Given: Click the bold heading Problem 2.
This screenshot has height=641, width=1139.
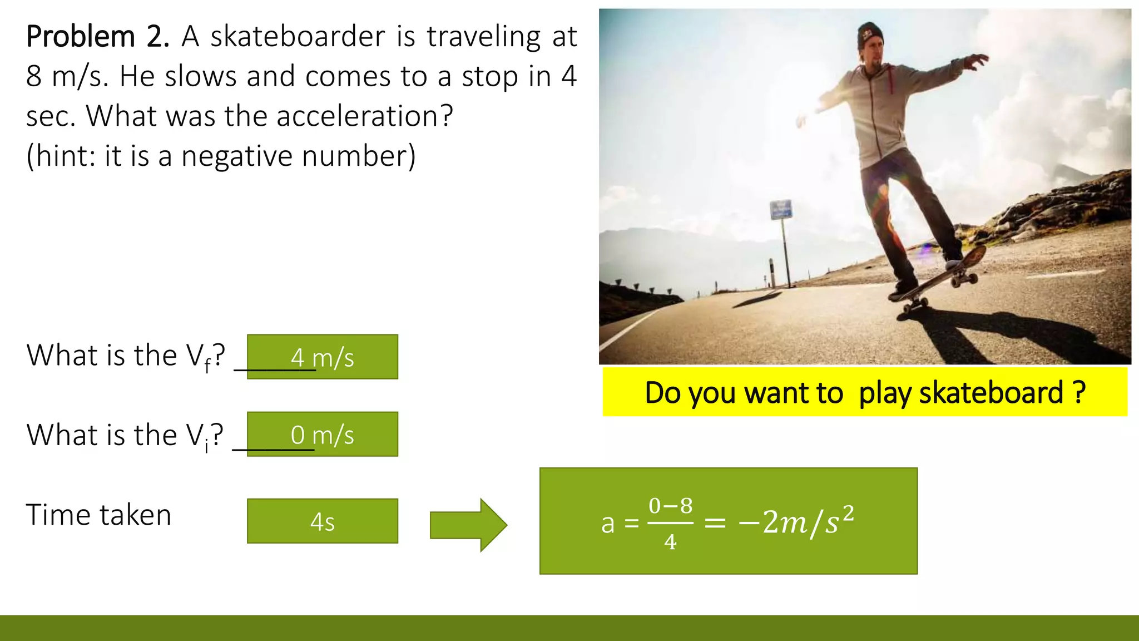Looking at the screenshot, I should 97,37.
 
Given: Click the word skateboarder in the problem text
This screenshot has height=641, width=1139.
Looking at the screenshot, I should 298,37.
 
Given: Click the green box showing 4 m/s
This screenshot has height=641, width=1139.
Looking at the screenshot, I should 323,357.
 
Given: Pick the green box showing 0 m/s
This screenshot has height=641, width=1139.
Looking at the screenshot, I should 323,434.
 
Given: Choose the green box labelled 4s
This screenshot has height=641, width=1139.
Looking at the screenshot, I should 323,521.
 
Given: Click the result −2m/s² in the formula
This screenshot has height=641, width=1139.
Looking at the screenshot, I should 795,522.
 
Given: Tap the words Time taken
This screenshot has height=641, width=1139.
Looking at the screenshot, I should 98,515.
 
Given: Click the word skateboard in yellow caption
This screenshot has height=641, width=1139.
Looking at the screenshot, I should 991,393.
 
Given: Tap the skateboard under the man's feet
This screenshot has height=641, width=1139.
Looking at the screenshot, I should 940,278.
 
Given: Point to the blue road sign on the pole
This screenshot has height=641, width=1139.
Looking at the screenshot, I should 781,210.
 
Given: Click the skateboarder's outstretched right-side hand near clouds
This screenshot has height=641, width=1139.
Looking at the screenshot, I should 976,61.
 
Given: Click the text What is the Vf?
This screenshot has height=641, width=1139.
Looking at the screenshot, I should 126,356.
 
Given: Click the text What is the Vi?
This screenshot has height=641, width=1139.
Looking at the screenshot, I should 125,435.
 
